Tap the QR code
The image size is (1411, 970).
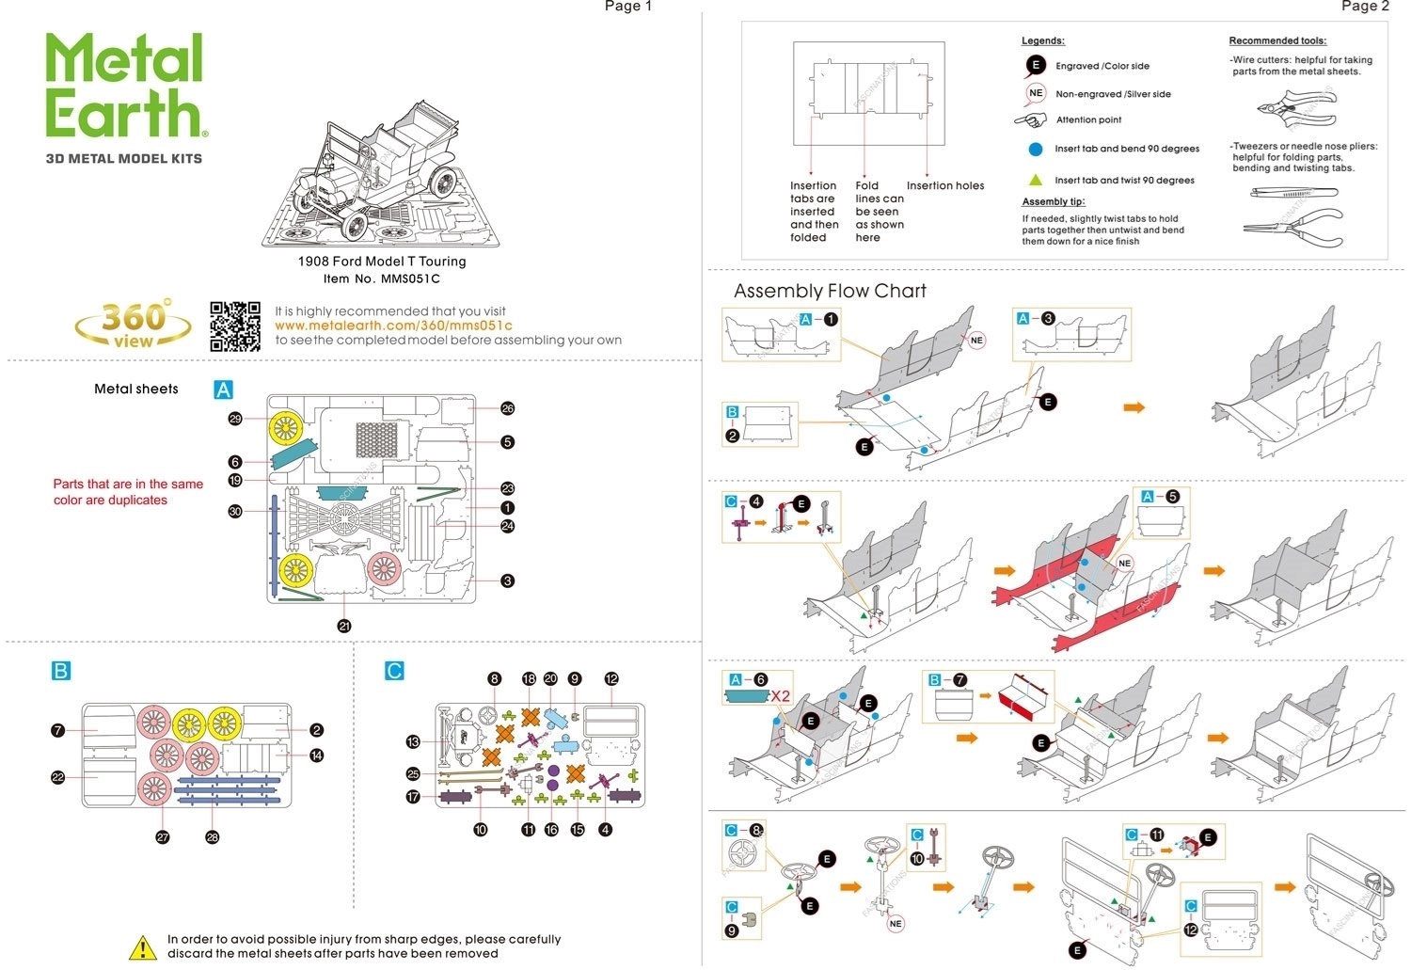point(234,326)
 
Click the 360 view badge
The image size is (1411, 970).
point(133,325)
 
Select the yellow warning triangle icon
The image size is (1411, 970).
point(142,947)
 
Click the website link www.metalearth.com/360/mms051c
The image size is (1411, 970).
point(393,326)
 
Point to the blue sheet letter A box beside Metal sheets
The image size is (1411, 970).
point(223,390)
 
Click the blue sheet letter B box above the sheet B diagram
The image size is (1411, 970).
point(60,671)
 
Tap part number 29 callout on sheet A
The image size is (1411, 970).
point(235,419)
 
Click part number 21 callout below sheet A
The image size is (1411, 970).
point(344,626)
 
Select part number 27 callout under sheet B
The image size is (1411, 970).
point(163,837)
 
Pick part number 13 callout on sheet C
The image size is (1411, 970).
point(413,742)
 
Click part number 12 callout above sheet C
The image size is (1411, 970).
point(612,678)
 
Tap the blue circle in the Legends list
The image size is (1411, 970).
point(1036,149)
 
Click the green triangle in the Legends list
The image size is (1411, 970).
point(1036,180)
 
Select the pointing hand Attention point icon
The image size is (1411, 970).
point(1032,120)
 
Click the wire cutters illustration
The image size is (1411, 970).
point(1295,108)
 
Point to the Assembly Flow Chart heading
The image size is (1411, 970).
point(830,292)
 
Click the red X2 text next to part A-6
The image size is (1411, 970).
point(781,696)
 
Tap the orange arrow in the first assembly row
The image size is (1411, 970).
point(1134,407)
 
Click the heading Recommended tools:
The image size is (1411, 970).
point(1277,41)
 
